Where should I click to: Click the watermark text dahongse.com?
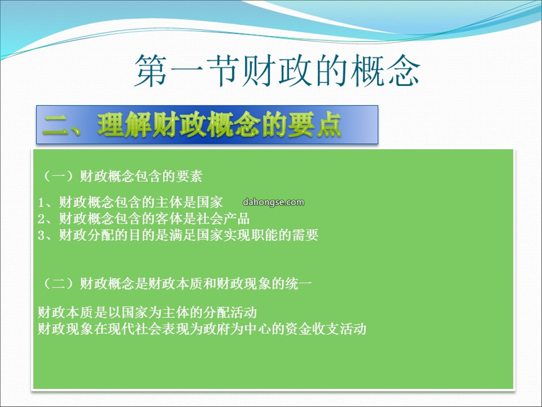(274, 202)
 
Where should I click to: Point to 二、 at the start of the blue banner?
(62, 125)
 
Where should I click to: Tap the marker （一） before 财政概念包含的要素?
(59, 176)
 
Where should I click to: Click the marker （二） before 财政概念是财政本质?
(59, 284)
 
